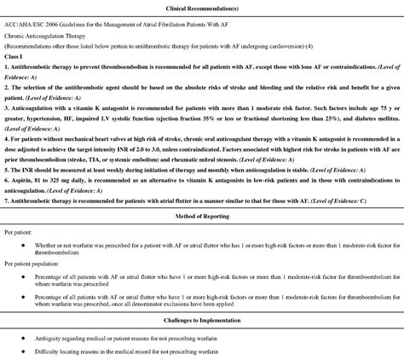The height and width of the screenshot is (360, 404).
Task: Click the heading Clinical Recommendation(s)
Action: coord(202,8)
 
